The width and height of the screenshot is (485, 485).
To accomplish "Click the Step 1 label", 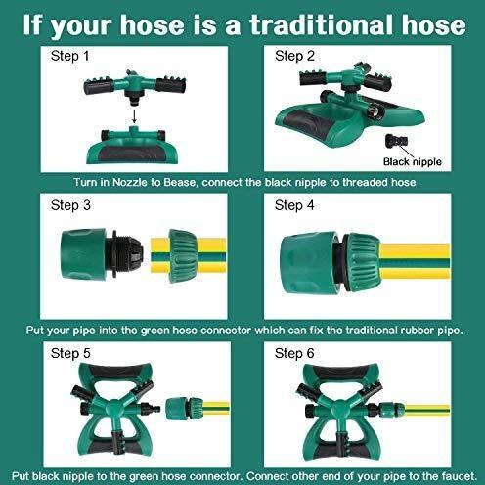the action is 69,56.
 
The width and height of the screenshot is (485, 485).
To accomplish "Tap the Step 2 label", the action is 294,56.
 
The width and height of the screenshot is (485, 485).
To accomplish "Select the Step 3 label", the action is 70,205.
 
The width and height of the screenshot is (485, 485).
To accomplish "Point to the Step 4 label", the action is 294,205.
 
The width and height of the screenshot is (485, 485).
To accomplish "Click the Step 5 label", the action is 70,353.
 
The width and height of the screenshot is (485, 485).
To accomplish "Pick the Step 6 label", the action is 294,353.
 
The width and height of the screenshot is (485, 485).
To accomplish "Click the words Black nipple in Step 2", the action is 413,162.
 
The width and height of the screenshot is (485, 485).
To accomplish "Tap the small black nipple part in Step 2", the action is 396,141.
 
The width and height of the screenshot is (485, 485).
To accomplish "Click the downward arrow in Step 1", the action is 134,116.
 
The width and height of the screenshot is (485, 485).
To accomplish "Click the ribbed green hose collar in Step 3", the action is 183,255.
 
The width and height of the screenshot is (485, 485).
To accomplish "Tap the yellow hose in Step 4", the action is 414,261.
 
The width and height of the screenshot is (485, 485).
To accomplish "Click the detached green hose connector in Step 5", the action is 184,408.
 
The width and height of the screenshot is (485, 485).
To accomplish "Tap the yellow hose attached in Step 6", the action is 427,410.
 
